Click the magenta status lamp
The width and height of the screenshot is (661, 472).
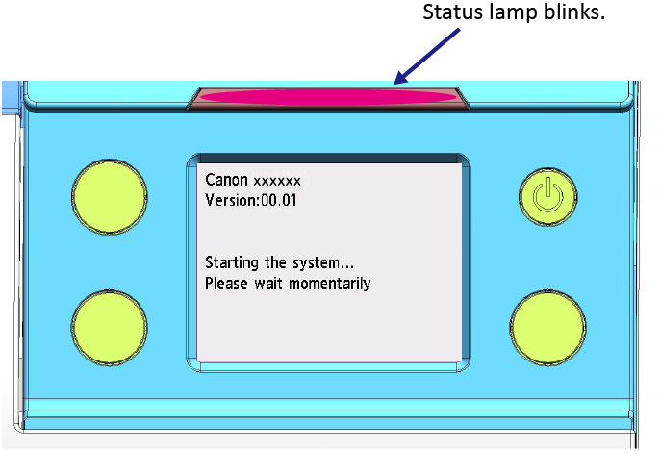click(328, 97)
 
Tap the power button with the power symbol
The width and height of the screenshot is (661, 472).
click(548, 197)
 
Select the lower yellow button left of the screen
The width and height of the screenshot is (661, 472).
click(109, 328)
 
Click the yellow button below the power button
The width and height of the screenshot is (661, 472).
click(548, 328)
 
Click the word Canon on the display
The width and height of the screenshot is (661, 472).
click(226, 180)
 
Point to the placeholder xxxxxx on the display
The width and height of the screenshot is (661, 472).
click(277, 182)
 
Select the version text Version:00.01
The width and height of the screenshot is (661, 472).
click(251, 200)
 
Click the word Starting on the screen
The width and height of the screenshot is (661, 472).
click(232, 263)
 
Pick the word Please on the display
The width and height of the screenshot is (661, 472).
click(226, 284)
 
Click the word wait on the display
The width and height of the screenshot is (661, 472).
click(268, 284)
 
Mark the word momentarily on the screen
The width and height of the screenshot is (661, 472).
click(330, 285)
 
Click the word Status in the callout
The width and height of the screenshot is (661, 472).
click(452, 12)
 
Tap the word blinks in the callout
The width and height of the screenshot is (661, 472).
click(573, 12)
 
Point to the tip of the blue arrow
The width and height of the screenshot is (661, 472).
click(394, 84)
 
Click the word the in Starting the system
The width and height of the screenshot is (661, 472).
click(276, 262)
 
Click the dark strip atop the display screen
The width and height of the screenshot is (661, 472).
click(328, 159)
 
